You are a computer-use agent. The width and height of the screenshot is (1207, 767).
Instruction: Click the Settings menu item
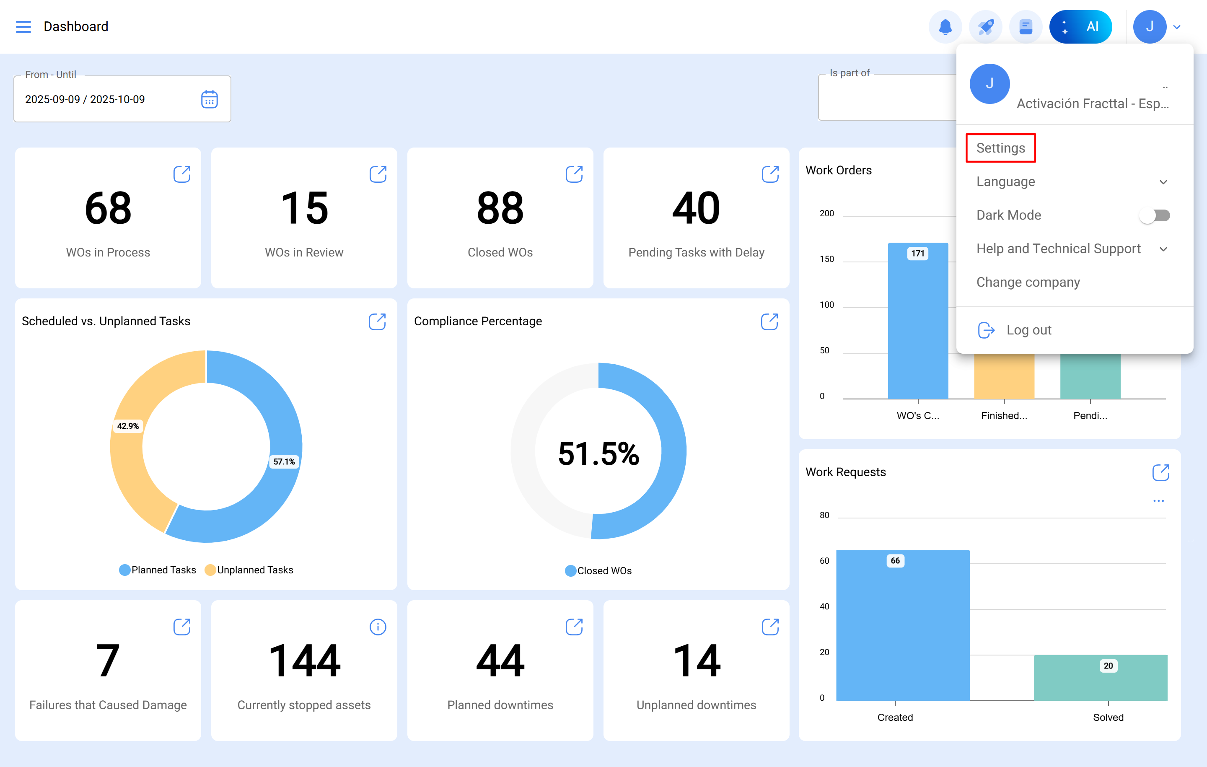click(1000, 148)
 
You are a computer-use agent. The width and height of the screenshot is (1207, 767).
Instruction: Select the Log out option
click(1028, 330)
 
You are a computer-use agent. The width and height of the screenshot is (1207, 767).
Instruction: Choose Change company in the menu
click(1028, 282)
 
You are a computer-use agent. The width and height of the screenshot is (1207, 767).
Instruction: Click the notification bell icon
click(945, 26)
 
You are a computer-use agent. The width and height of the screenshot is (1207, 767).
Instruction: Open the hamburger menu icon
click(23, 26)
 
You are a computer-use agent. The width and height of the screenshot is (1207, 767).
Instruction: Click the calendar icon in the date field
click(209, 99)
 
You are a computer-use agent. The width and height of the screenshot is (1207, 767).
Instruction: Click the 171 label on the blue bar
click(917, 254)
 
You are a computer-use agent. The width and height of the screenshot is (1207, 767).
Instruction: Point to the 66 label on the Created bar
click(895, 560)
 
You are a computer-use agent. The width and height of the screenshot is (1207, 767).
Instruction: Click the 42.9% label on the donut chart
click(128, 426)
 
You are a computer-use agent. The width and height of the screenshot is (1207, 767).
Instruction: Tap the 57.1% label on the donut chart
click(284, 462)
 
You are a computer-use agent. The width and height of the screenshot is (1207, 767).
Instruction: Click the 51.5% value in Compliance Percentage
click(598, 453)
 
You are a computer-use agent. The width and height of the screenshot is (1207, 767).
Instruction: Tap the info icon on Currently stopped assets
click(378, 627)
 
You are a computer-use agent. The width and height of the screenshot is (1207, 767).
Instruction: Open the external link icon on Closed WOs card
click(574, 174)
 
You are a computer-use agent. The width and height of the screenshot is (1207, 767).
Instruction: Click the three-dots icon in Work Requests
click(1158, 501)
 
